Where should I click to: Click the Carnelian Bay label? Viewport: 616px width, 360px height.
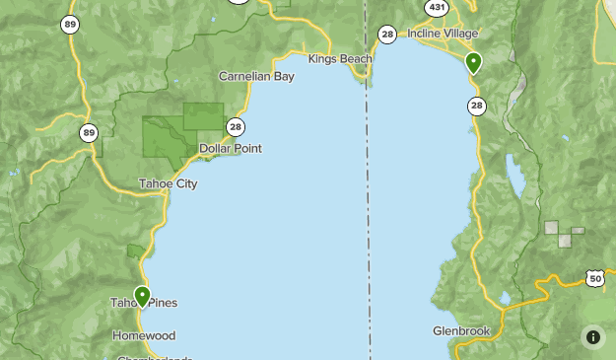(x=256, y=76)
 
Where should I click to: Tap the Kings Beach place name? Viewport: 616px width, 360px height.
(x=340, y=59)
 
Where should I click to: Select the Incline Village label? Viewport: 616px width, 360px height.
(x=443, y=34)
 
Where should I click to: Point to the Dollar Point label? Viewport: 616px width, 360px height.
(x=231, y=149)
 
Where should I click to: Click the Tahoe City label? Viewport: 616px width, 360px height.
(x=168, y=183)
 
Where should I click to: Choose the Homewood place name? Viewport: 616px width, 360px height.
(x=144, y=335)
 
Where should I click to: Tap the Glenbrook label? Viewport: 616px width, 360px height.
(x=461, y=331)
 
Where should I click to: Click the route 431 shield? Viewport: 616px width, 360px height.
(x=438, y=7)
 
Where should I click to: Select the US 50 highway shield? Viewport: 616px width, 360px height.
(x=595, y=279)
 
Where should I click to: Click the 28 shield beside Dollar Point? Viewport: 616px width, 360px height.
(x=235, y=126)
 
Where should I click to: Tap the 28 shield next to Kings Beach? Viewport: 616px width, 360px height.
(x=387, y=35)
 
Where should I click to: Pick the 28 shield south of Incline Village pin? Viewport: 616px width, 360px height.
(x=478, y=106)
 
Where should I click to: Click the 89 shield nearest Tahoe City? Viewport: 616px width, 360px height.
(x=90, y=133)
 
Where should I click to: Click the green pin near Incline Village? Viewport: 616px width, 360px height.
(x=473, y=63)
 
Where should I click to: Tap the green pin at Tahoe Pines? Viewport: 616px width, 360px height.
(x=142, y=295)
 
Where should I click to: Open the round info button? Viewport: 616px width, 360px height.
(x=593, y=337)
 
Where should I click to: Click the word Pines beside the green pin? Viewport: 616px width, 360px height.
(x=162, y=303)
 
